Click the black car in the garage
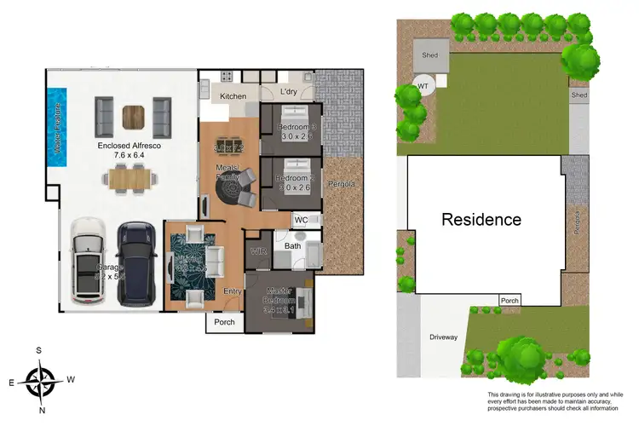135,263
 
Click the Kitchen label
233,96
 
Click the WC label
301,220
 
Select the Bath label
293,246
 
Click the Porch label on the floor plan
224,322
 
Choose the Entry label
233,291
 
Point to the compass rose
40,380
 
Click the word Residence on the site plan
481,219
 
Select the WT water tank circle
423,86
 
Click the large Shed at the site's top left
430,56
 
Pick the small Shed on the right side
579,95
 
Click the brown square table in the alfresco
134,114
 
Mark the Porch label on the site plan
509,300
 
